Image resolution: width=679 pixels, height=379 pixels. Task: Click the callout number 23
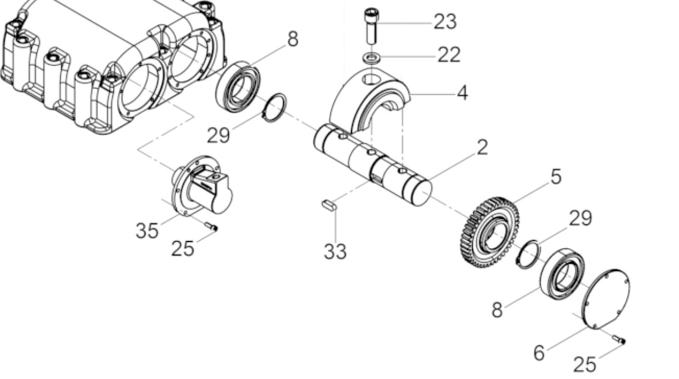445,22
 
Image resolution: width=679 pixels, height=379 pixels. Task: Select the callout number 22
449,55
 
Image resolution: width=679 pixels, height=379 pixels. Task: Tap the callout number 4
462,93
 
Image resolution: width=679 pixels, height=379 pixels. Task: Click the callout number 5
556,177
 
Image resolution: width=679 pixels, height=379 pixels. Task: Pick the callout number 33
335,252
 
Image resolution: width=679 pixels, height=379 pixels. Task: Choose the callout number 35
147,230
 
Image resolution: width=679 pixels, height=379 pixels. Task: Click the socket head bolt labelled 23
371,26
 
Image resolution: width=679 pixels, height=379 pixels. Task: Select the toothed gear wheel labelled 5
489,232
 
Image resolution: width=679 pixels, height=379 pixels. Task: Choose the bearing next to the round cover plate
563,274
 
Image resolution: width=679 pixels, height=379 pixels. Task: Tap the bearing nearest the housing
238,87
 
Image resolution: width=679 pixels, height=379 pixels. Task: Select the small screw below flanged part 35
211,226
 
